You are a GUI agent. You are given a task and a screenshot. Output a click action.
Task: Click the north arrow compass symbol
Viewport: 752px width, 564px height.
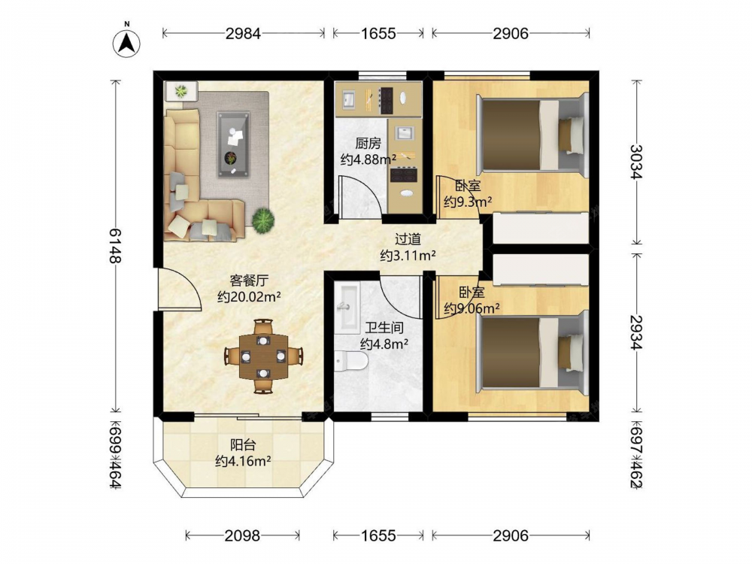126,43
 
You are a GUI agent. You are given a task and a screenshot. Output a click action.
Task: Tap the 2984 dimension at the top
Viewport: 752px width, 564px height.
244,33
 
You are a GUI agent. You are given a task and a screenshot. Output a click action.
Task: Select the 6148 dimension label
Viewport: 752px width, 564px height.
116,246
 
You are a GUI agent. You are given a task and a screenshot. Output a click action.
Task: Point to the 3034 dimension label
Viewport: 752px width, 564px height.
636,162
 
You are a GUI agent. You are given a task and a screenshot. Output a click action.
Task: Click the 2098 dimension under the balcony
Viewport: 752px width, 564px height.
243,535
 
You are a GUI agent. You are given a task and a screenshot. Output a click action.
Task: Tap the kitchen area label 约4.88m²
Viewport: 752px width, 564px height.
368,159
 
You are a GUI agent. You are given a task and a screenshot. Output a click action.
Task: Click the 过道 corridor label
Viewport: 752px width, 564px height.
408,239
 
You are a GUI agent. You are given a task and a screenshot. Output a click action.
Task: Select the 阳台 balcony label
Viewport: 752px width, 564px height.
243,444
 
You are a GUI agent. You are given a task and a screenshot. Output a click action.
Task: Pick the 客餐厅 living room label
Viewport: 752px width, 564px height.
249,280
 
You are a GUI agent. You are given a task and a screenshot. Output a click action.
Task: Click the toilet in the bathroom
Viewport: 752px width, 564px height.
350,361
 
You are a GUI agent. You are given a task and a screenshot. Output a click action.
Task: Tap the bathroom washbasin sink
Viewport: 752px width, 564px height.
347,308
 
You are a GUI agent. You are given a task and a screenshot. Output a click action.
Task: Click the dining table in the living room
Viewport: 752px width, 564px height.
263,356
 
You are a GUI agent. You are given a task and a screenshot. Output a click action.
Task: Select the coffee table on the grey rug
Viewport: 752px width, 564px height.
233,145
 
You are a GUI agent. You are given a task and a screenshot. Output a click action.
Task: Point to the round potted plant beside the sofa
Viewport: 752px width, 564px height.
263,220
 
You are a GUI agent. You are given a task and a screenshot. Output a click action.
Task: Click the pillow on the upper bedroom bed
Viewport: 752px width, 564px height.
572,135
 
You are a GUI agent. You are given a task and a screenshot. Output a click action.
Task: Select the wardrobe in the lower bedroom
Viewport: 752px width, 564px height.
541,270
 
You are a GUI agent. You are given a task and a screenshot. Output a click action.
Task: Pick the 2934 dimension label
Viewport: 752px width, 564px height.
636,332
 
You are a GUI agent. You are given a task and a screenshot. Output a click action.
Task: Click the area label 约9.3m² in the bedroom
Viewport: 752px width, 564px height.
468,202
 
